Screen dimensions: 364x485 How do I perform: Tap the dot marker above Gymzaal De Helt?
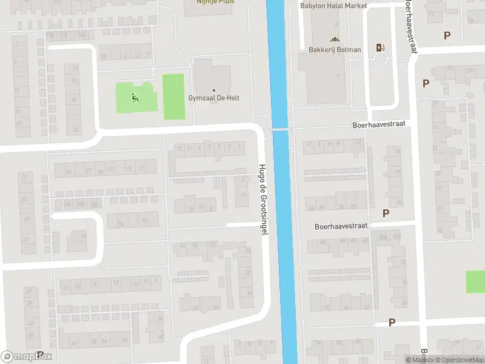[x=213, y=90]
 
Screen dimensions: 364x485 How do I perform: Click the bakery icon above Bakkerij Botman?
[x=335, y=39]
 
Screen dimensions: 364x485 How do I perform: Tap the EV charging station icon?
[x=381, y=47]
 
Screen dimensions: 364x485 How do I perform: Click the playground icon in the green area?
[x=135, y=97]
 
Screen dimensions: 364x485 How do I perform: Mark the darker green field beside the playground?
[x=173, y=96]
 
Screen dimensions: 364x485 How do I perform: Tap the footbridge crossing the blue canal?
[x=281, y=129]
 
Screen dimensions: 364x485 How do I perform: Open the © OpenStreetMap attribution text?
[x=460, y=360]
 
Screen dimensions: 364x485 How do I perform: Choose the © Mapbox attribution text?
[x=420, y=360]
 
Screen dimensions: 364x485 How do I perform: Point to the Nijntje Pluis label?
[x=215, y=2]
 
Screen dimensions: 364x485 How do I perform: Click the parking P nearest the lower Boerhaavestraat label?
[x=386, y=213]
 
